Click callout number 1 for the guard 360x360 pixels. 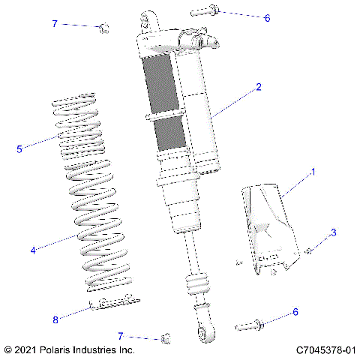313,172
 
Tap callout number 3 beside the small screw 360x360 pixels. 334,233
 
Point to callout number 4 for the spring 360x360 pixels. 32,250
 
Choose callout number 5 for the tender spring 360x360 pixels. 19,148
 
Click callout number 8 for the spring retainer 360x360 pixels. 55,319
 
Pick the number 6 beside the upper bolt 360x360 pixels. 267,17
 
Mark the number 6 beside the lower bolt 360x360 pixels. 295,311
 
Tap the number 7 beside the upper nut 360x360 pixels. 54,24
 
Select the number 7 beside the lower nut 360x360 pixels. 120,335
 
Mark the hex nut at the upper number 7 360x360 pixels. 104,29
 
